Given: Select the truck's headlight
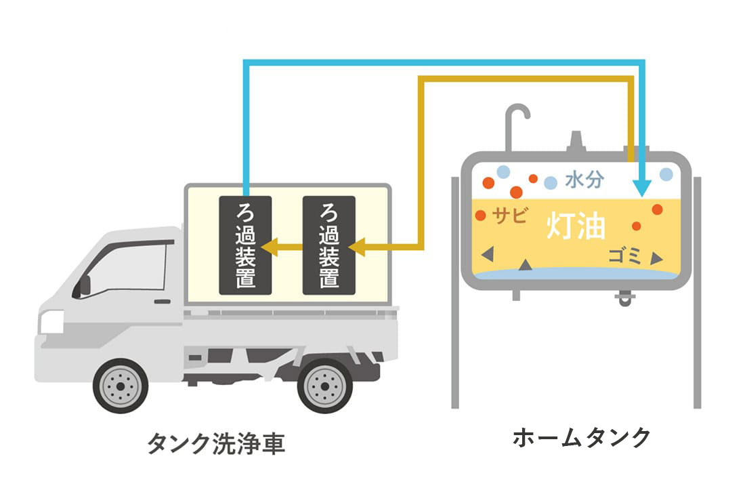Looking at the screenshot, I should click(x=51, y=321).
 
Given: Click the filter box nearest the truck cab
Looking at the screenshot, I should click(x=245, y=245).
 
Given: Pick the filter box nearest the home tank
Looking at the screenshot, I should click(x=329, y=245).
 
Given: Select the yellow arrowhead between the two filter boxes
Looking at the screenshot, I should click(x=268, y=246).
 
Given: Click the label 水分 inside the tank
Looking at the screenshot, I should click(x=584, y=180).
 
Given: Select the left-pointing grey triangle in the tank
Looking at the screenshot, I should click(x=486, y=254).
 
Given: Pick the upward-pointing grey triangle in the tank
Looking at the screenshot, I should click(x=526, y=265).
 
